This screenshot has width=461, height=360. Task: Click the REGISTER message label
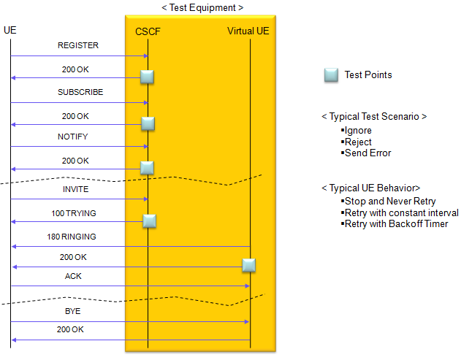pos(78,45)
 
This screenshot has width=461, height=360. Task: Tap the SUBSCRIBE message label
pos(80,92)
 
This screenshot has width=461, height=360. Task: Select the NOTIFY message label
pos(72,137)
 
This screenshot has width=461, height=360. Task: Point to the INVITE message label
pos(75,189)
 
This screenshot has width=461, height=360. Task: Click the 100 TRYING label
pos(74,213)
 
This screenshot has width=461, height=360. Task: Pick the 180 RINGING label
pos(72,237)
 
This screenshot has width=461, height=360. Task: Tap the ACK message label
pos(73,276)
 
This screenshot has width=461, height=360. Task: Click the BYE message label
pos(72,311)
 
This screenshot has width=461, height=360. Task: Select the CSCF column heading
pos(148,31)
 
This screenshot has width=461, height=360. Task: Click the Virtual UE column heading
pos(248,31)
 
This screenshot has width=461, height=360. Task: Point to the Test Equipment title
pos(202,7)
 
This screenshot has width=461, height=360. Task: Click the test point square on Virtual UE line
pos(248,265)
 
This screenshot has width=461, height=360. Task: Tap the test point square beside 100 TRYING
pos(149,221)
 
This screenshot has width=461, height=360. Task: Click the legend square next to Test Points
pos(331,75)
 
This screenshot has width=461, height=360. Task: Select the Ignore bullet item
pos(357,130)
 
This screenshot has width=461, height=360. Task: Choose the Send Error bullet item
pos(366,153)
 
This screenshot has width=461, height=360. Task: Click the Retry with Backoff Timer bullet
pos(395,223)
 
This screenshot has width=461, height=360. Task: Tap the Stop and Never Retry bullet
pos(388,201)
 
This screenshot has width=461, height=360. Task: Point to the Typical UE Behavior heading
pos(371,188)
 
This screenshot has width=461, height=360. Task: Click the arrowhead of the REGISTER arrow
pos(146,55)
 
